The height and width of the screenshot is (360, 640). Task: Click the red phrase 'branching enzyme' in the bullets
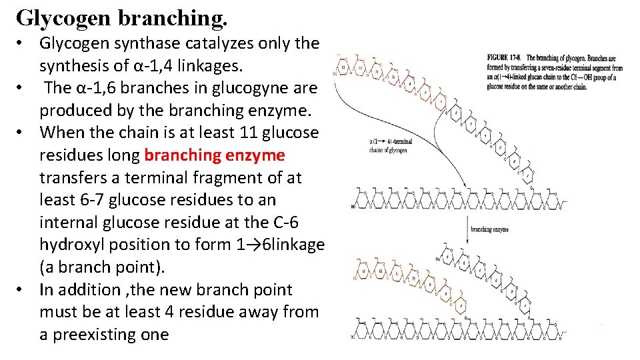click(x=214, y=155)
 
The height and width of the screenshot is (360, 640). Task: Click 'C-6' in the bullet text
click(x=282, y=223)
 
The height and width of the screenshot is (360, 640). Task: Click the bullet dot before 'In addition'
click(x=22, y=290)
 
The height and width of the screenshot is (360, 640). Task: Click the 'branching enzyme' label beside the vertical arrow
click(x=490, y=229)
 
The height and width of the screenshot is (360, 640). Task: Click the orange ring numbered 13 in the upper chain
click(x=344, y=67)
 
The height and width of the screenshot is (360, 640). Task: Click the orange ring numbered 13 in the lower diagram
click(x=344, y=270)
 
